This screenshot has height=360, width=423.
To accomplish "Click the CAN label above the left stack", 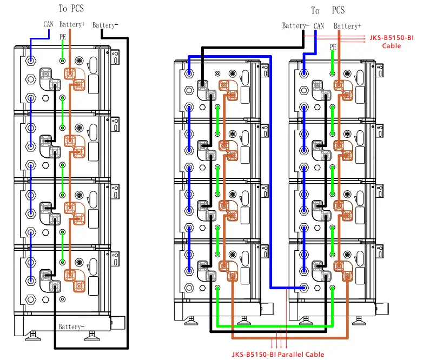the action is pos(48,24).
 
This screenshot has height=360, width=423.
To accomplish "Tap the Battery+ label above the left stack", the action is pos(72,24).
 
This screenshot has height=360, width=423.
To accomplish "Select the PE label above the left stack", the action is pos(63,37).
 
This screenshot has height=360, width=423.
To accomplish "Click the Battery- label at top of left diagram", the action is pos(105,25).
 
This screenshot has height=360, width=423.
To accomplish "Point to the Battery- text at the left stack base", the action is pos(71,326).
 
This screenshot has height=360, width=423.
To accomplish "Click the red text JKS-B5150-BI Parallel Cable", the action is pos(278,355).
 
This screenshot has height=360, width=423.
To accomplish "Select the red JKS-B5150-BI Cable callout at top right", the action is pos(392,42).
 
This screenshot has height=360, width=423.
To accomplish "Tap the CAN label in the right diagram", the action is pos(319,26).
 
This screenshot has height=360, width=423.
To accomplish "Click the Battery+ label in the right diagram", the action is pos(347,26).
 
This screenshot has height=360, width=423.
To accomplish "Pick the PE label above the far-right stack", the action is pos(333,47).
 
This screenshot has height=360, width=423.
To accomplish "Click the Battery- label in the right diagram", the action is pos(295,25).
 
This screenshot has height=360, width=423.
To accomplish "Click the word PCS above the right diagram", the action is pos(338,10).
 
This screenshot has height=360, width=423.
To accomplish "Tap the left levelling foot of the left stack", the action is pos(33,336).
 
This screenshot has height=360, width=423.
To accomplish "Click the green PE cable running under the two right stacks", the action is pos(275,326).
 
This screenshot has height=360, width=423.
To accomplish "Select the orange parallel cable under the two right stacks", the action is pos(290,338).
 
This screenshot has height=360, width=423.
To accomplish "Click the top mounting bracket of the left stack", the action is pos(115,57).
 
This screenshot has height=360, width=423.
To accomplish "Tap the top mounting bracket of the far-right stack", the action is pos(380,70).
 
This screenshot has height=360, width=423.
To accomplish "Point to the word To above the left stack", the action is pos(63,8).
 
